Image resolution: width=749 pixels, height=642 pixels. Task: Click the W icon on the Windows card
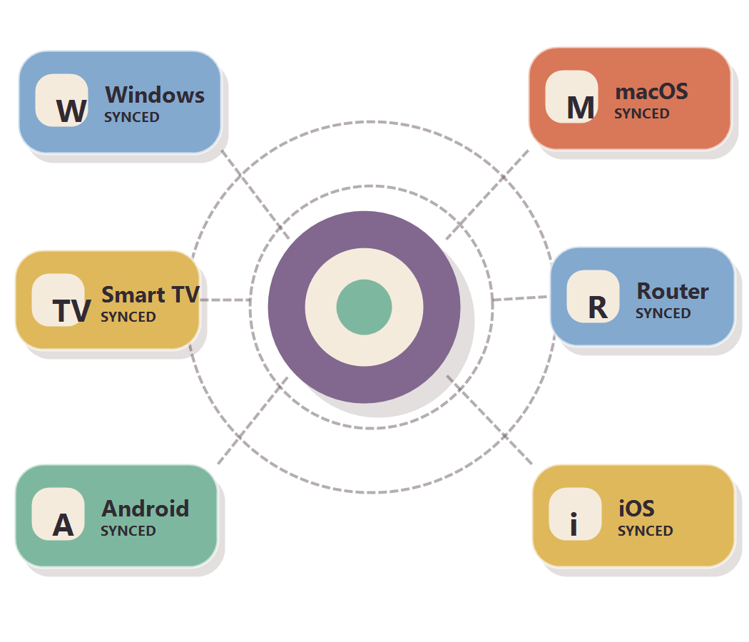(61, 101)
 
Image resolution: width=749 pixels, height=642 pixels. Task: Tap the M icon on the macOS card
(572, 97)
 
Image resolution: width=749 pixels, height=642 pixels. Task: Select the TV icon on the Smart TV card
(58, 300)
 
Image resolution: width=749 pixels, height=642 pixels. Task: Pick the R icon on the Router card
(593, 297)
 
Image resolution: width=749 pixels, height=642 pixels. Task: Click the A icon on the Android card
(58, 514)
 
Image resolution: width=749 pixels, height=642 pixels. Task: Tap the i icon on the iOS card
(575, 514)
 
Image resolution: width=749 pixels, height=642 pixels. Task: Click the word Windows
(155, 95)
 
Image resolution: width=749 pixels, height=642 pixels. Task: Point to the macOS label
(651, 91)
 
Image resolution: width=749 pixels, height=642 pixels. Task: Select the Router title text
(673, 291)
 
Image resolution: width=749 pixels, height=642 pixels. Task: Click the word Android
(146, 509)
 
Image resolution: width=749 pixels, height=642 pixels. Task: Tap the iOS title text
(636, 508)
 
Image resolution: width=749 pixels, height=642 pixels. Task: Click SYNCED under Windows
(132, 117)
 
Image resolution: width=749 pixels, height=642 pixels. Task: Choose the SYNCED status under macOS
(642, 113)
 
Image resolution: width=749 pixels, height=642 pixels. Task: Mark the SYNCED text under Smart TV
(128, 317)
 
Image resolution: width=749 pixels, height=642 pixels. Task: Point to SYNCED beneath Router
(663, 313)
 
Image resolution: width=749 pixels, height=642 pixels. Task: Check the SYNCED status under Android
(128, 531)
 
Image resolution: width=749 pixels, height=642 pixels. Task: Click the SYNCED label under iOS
(646, 531)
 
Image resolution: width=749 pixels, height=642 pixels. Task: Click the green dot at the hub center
(364, 307)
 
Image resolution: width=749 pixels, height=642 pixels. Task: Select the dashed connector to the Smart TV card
(225, 300)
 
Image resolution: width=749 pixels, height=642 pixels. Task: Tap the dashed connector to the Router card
(520, 298)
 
